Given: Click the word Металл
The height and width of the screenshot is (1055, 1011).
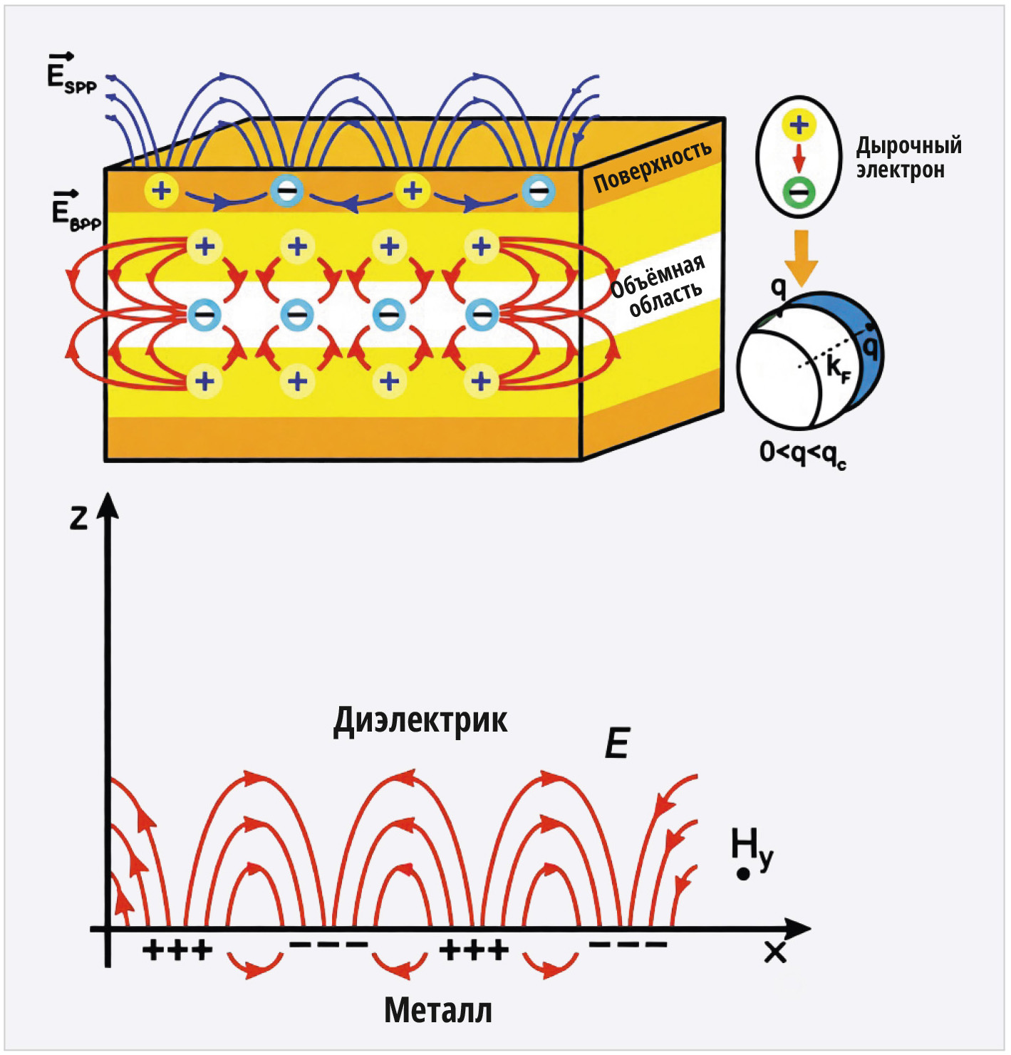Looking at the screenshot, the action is pos(438,1011).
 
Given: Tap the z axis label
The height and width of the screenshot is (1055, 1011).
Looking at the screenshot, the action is pos(78,519).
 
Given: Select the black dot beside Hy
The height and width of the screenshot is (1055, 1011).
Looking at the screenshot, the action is pos(742,875).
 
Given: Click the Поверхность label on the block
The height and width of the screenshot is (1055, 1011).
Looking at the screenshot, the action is pos(653,166).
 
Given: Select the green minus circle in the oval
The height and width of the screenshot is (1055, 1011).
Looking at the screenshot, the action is pos(799,192).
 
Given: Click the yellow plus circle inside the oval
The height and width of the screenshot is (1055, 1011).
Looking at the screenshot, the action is pos(799,125).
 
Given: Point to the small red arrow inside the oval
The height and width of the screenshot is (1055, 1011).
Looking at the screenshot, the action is pos(799,158).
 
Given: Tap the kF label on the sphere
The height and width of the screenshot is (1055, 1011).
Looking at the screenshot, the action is pos(838,370).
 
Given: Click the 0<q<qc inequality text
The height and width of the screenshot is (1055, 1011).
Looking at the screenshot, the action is pos(802,452).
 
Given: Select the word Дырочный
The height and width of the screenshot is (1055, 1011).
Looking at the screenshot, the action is pos(909,146).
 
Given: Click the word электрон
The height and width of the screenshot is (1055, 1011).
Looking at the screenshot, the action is pos(900,170).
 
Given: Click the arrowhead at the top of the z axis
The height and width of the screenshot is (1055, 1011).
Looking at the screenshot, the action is pos(109,505).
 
